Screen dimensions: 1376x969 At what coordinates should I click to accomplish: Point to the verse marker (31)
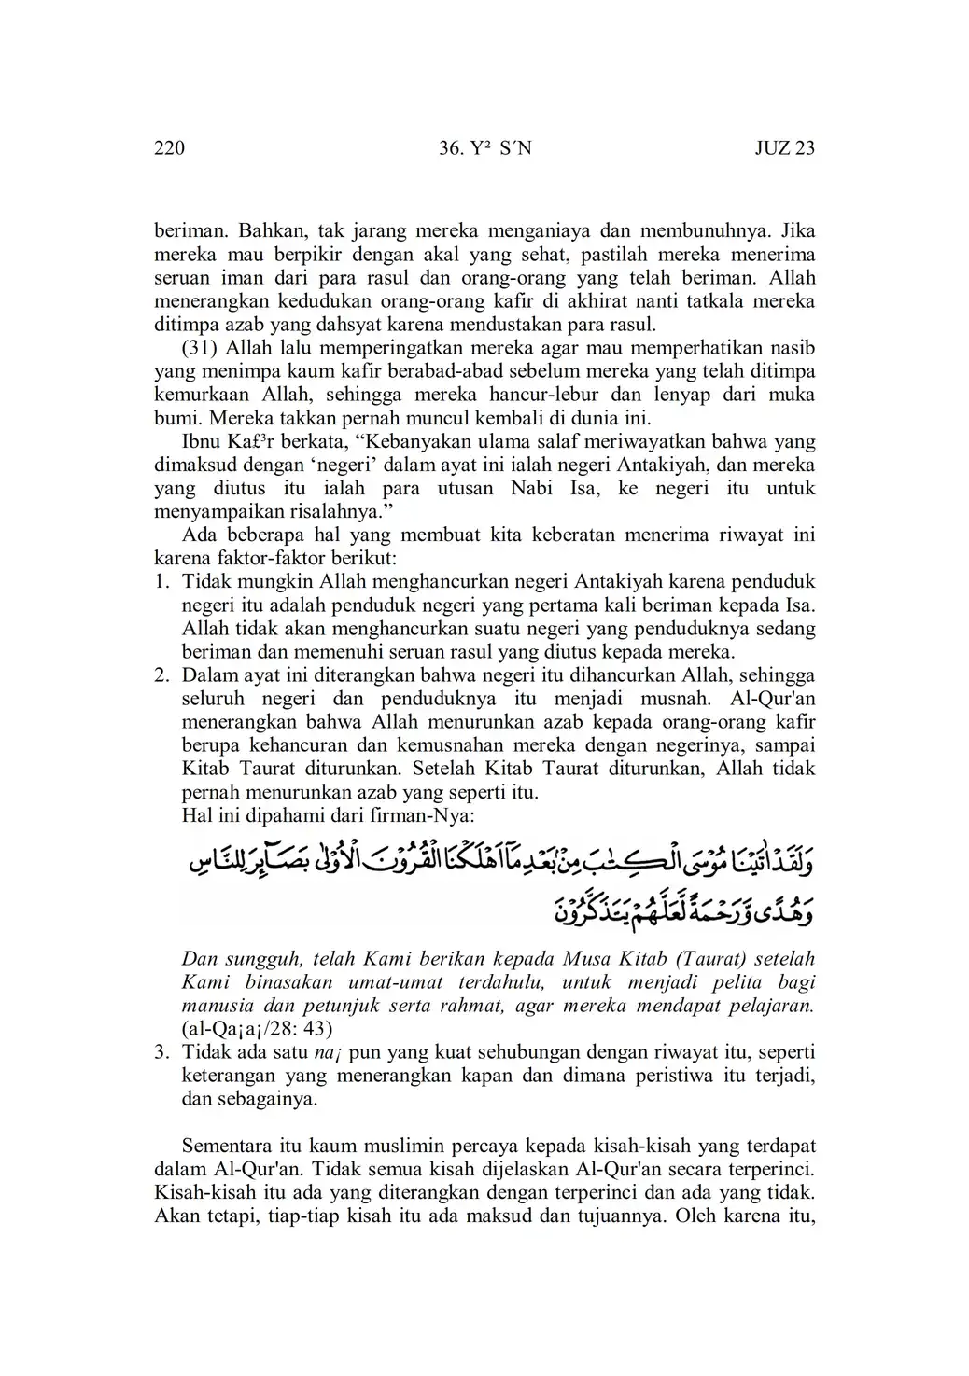(x=200, y=348)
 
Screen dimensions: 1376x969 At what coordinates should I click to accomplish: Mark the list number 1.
(x=161, y=582)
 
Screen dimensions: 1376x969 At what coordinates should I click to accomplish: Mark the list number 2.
(x=161, y=675)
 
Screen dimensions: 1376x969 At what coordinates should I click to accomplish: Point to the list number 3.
(x=161, y=1052)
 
